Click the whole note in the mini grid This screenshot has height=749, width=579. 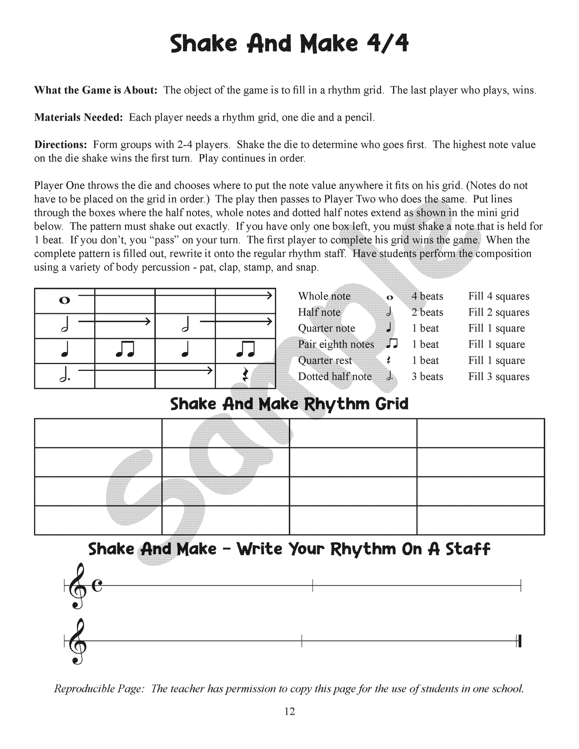click(x=64, y=300)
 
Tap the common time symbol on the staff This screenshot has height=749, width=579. click(x=97, y=586)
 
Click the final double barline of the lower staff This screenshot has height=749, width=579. click(x=519, y=642)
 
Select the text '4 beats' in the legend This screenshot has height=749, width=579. click(x=427, y=296)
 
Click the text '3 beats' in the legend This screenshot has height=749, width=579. click(x=427, y=377)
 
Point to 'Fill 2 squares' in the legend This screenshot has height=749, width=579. click(x=498, y=312)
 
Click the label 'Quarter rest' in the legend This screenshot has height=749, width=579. click(x=325, y=360)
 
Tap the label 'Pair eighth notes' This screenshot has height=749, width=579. click(x=336, y=344)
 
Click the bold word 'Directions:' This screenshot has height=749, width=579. click(x=61, y=145)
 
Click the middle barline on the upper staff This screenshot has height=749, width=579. click(x=313, y=586)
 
